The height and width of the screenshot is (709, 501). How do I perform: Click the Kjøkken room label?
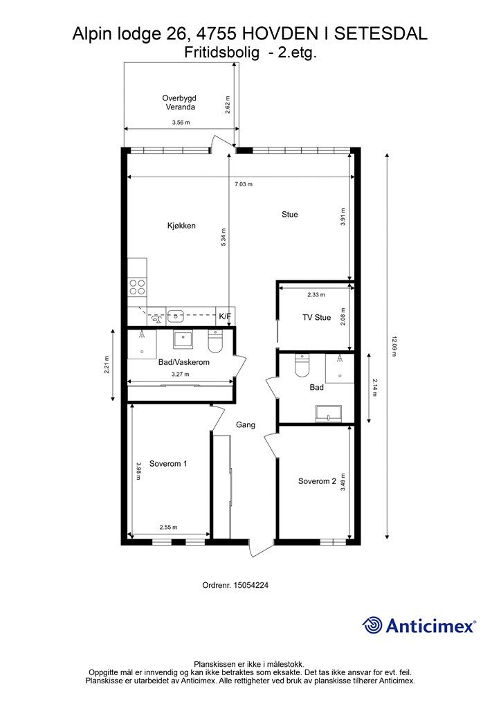coord(181,226)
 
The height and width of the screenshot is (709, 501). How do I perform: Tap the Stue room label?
coord(289,215)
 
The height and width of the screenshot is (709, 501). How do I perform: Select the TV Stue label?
coord(317,317)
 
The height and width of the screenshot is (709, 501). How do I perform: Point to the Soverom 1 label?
coord(168,463)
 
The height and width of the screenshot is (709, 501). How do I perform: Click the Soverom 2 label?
coord(317,481)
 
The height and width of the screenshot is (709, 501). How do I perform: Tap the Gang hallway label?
coord(246,425)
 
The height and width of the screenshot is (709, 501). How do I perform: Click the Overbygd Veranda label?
coord(180,102)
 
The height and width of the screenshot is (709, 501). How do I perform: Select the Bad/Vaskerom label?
coord(184,362)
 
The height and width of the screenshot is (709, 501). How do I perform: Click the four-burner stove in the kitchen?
coord(137,286)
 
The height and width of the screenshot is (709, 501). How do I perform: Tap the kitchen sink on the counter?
coord(175,316)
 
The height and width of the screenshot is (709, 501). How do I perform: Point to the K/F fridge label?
coord(225,316)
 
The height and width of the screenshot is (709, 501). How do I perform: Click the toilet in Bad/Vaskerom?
coord(215,342)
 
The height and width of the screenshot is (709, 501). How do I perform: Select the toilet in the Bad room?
coord(301,366)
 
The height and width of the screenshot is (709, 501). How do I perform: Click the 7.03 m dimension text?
coord(244,184)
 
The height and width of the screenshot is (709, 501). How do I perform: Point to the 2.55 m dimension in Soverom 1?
coord(169,527)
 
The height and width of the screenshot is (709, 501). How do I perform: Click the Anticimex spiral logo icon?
coord(372,626)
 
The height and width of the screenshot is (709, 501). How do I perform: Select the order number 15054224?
coord(250,585)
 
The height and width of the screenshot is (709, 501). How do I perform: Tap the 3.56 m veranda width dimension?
coord(181,122)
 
